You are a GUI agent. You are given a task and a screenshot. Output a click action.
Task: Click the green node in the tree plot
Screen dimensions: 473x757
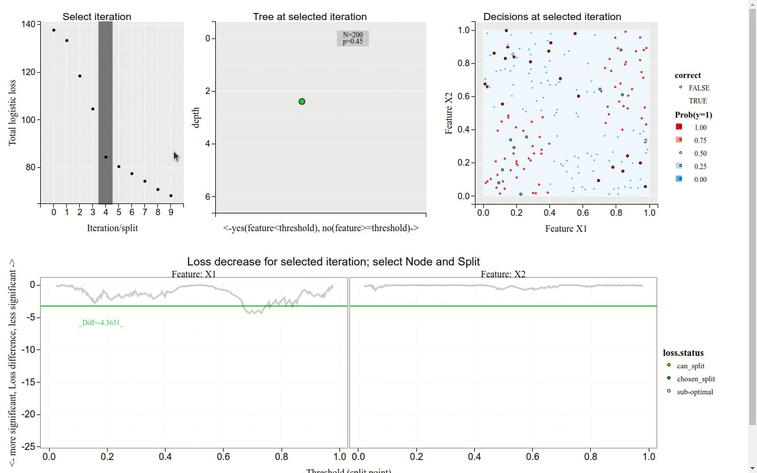pos(302,102)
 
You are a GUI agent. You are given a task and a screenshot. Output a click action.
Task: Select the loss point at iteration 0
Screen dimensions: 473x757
pos(54,30)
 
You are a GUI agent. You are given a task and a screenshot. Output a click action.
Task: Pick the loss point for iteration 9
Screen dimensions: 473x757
pos(171,196)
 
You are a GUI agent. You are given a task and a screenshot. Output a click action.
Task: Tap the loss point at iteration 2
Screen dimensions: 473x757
pos(80,76)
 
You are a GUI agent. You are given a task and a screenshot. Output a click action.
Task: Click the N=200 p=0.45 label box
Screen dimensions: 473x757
pos(352,38)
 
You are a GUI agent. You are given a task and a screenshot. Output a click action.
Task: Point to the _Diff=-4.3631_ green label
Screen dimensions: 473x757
pos(101,323)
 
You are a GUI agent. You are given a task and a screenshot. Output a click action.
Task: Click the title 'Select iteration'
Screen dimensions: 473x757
pos(97,17)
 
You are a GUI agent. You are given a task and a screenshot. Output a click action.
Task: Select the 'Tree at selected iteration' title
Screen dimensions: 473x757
pos(309,17)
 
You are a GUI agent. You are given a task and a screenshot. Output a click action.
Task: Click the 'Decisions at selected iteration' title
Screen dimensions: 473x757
pos(552,17)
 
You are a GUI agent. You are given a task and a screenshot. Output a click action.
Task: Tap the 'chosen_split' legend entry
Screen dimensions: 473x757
pos(695,379)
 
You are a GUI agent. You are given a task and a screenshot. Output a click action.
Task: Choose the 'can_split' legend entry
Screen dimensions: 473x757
pos(690,366)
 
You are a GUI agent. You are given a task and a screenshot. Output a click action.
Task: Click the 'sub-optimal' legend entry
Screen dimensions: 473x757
pos(695,392)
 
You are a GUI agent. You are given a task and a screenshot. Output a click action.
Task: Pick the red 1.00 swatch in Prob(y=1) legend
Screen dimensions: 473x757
pos(680,127)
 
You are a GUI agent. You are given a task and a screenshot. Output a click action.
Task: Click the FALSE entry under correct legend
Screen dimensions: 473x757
pos(698,88)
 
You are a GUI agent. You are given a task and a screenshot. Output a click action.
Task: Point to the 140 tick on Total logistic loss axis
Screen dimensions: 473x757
pos(27,24)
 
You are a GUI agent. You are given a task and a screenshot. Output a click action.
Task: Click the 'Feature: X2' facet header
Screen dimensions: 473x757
pos(503,274)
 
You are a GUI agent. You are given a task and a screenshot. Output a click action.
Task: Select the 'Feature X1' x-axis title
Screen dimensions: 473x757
pos(566,228)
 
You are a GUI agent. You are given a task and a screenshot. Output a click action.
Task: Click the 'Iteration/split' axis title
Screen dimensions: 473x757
pos(112,228)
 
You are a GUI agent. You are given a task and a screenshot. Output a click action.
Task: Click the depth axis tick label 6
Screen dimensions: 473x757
pos(208,196)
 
